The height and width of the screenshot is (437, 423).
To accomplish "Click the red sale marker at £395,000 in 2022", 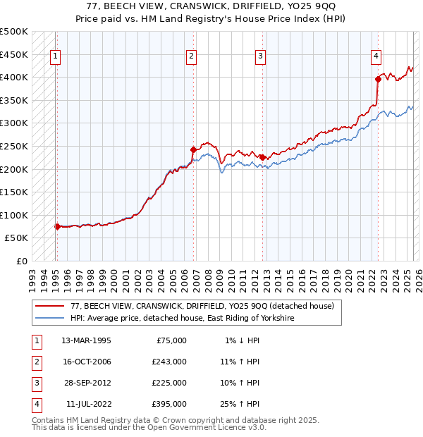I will [x=378, y=79].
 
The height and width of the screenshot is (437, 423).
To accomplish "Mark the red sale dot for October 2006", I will [x=193, y=149].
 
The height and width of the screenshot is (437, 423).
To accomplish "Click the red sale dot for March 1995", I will [x=57, y=226].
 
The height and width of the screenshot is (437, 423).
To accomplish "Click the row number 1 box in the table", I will [x=35, y=340].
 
